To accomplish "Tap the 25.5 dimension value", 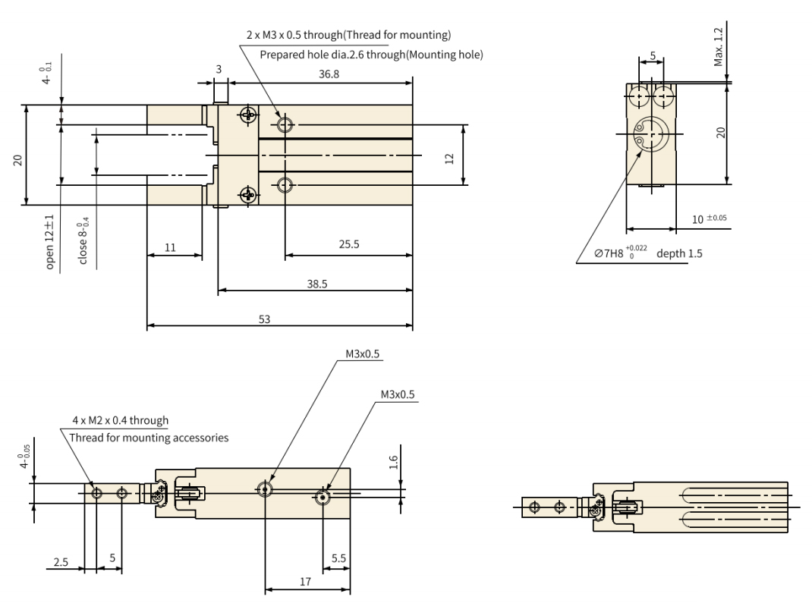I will pos(349,246).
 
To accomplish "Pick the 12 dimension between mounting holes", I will pos(448,158).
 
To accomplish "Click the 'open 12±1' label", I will pos(50,241).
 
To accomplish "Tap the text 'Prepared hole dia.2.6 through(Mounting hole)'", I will pos(371,55).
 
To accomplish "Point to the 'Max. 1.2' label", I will pos(719,49).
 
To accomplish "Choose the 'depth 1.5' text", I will pos(679,253).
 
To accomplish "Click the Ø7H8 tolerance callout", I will pos(614,253).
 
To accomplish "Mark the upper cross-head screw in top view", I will pos(247,115).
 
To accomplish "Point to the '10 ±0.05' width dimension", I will pos(710,219).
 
